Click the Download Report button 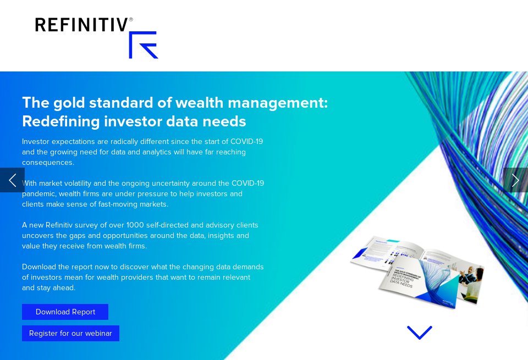tap(65, 312)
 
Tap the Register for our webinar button tap(70, 333)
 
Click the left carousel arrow tap(12, 180)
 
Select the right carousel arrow tap(515, 180)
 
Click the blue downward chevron tap(419, 333)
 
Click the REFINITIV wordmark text tap(81, 25)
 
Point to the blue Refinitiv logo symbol tap(143, 45)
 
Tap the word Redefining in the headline tap(61, 121)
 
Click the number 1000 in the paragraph tap(135, 225)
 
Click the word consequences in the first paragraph tap(47, 162)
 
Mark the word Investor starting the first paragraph tap(35, 141)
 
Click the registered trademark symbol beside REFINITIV tap(130, 19)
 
